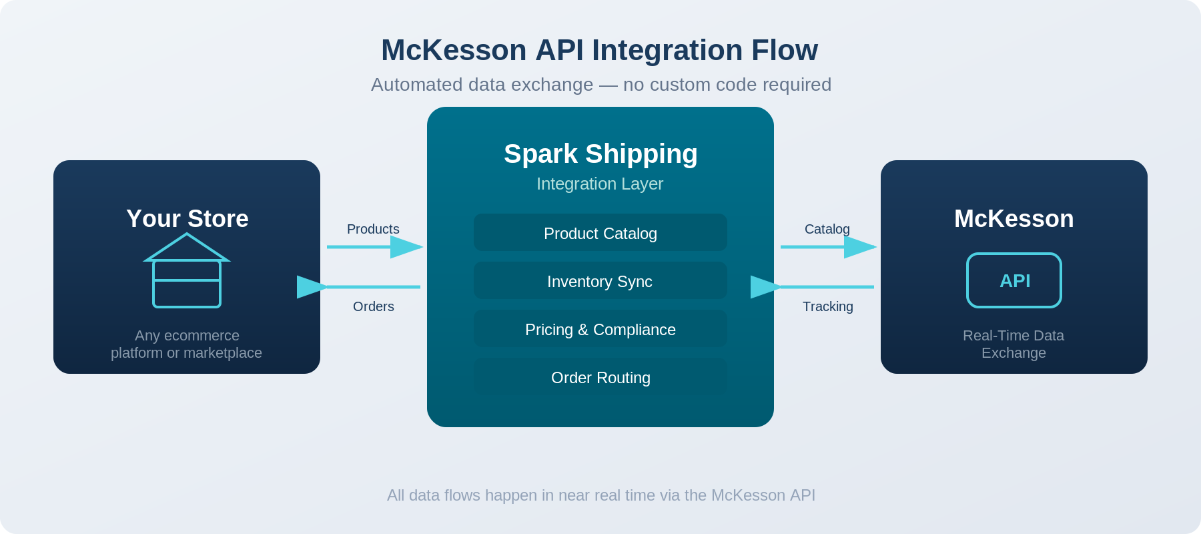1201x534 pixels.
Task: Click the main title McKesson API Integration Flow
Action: click(x=599, y=50)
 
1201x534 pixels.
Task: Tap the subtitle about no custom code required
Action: click(x=600, y=85)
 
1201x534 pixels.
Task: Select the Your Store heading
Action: click(x=187, y=219)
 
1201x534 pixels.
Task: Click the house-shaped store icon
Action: click(x=187, y=271)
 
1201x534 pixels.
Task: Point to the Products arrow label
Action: click(x=373, y=229)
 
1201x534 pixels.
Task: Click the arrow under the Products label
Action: click(x=374, y=247)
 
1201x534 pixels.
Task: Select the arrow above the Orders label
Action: click(x=360, y=287)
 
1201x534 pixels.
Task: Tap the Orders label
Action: click(x=373, y=306)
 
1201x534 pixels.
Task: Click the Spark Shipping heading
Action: click(x=600, y=154)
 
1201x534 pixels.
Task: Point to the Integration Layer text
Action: click(x=600, y=184)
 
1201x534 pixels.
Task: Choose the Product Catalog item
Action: click(x=600, y=233)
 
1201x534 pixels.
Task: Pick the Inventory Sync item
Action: click(x=600, y=281)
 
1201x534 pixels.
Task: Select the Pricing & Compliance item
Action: click(x=600, y=329)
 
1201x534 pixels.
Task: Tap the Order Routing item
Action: click(x=600, y=377)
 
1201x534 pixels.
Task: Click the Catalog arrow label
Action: click(x=827, y=229)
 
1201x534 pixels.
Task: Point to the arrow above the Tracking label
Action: click(x=814, y=287)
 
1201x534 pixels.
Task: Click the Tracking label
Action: click(x=827, y=306)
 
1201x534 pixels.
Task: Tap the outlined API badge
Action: click(x=1014, y=280)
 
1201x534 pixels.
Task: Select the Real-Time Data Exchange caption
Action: click(x=1014, y=344)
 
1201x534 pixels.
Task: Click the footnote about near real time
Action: click(x=600, y=495)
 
